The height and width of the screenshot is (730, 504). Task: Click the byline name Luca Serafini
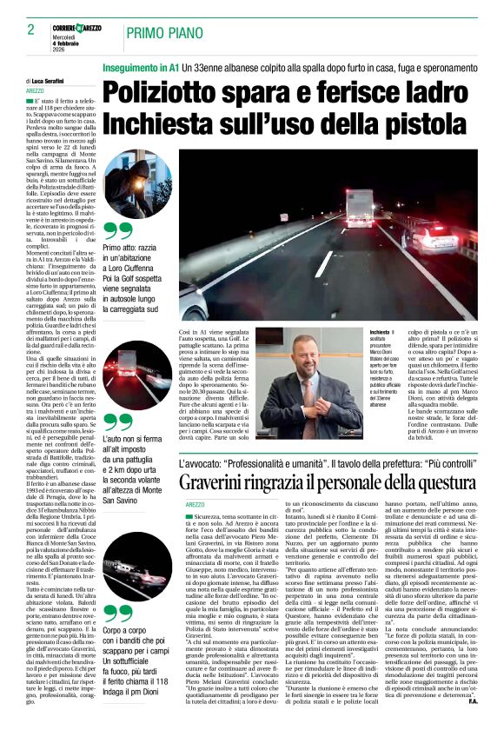[53, 80]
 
